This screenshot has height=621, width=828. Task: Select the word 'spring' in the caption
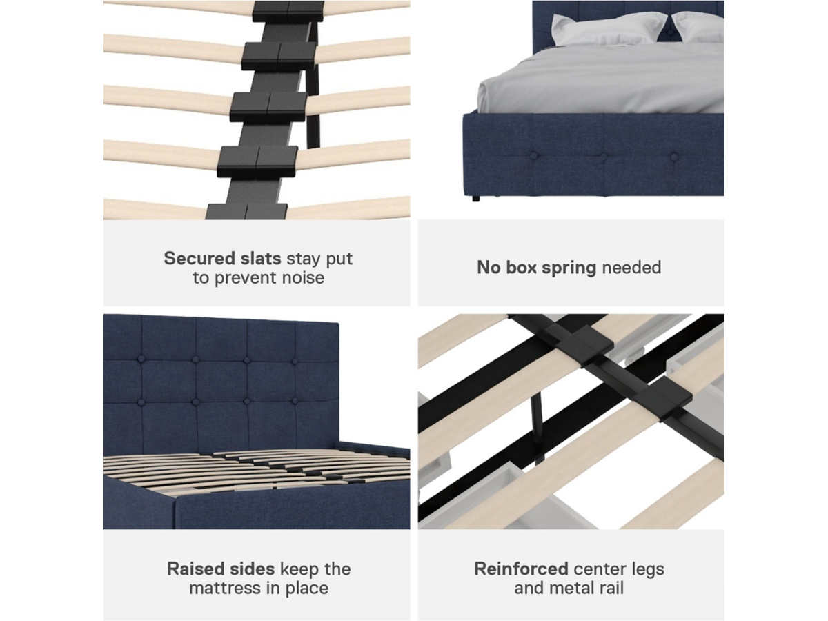(569, 268)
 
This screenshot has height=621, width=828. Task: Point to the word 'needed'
(631, 267)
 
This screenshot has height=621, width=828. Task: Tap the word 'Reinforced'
(521, 569)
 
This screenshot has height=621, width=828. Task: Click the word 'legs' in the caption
(649, 570)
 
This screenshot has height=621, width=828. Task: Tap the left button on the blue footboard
(534, 156)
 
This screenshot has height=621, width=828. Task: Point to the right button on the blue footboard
(674, 156)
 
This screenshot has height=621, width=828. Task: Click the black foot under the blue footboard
(476, 198)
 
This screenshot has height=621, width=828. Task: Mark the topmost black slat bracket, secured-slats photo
(288, 12)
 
